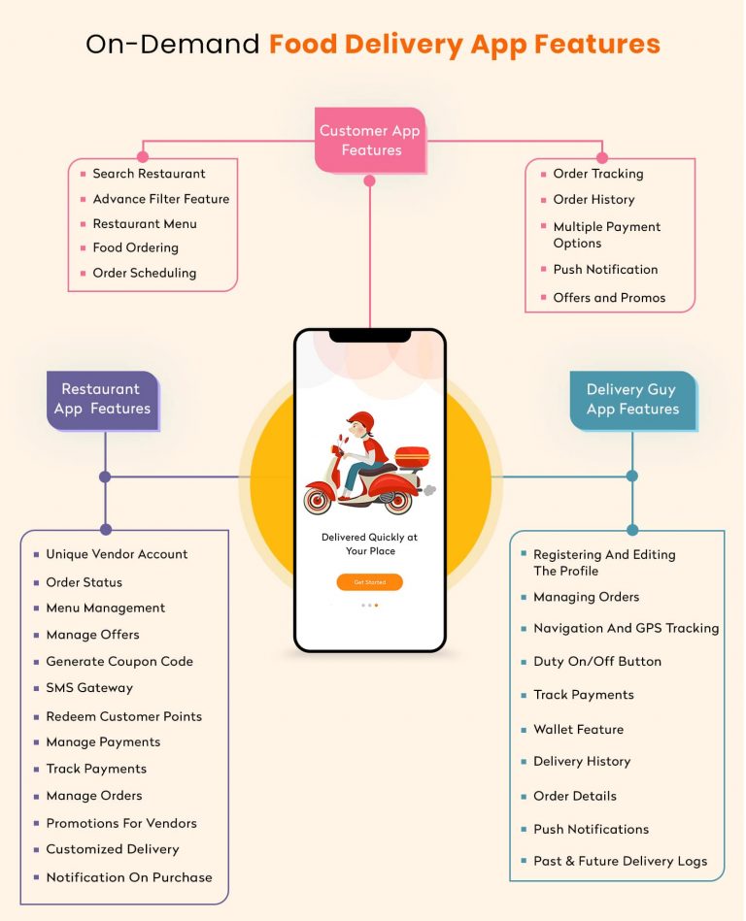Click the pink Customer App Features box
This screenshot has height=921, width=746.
370,141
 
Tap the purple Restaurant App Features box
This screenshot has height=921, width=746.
102,400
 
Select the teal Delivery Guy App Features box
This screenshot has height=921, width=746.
632,400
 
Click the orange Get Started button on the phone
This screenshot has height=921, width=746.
369,582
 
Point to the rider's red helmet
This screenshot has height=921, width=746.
360,422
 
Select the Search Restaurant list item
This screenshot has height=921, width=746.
149,174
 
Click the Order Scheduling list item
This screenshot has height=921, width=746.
144,273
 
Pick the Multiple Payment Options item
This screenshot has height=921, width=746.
606,235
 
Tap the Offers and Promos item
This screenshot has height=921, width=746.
609,298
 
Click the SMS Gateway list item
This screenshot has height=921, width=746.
89,688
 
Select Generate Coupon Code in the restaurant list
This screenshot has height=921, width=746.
119,662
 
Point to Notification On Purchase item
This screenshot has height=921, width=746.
128,877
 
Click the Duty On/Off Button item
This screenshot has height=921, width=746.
596,662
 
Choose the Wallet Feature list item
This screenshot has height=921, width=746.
578,730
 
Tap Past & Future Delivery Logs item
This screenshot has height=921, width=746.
620,861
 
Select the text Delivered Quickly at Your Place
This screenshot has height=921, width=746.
369,543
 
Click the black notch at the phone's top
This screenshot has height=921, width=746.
369,336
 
